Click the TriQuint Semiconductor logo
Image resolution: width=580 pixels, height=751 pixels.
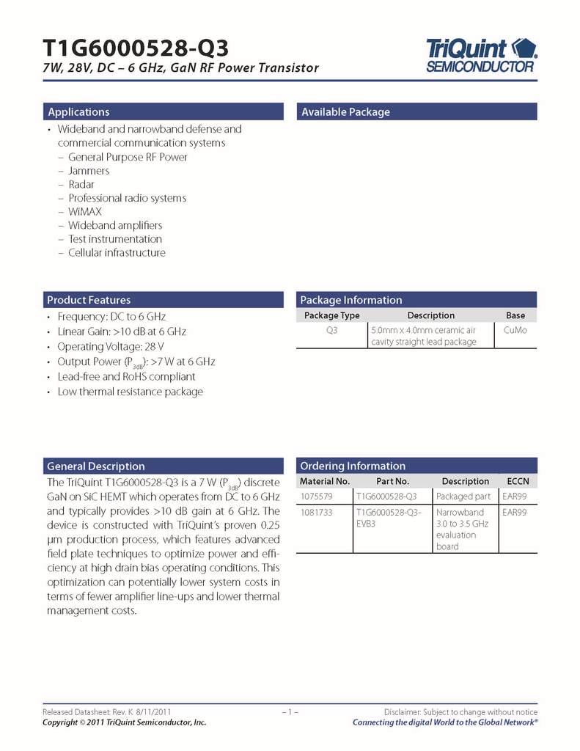(481, 55)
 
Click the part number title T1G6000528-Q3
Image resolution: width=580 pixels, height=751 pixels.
(136, 48)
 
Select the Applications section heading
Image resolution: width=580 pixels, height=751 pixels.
(78, 112)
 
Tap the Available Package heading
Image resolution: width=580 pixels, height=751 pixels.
(346, 112)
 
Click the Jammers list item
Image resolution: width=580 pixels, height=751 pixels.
(89, 171)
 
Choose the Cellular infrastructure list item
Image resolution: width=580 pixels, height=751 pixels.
(117, 253)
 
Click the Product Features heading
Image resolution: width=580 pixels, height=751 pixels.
(89, 300)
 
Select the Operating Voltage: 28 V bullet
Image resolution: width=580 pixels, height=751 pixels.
(111, 346)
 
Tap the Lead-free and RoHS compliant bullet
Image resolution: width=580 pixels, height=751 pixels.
(126, 376)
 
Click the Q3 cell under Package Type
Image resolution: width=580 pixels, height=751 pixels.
(331, 331)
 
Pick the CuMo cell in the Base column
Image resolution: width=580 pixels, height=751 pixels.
(515, 331)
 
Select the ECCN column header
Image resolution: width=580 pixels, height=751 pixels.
(518, 481)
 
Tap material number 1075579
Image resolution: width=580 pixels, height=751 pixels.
(316, 497)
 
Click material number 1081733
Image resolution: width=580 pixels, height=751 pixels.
(316, 512)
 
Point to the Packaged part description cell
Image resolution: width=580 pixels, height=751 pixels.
(463, 497)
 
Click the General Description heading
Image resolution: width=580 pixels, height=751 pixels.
(96, 466)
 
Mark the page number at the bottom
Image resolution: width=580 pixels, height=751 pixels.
(289, 712)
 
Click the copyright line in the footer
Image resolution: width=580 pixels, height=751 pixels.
(124, 722)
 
